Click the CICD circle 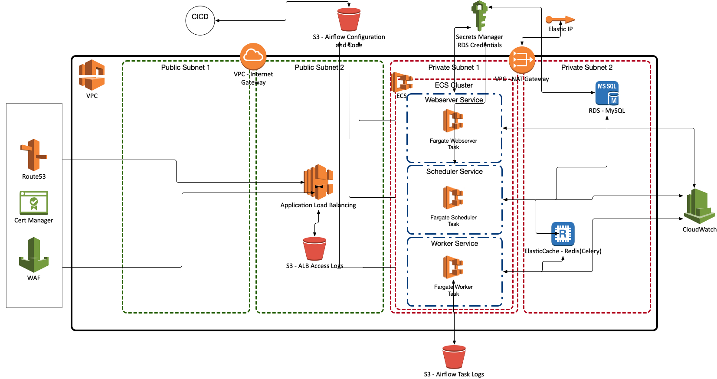(x=200, y=20)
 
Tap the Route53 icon (x=33, y=155)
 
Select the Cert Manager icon (x=33, y=203)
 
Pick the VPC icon (x=92, y=75)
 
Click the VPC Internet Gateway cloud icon (x=253, y=56)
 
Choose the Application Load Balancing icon (x=318, y=182)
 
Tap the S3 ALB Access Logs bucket (x=314, y=249)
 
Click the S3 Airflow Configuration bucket (x=349, y=20)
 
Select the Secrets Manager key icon (x=479, y=16)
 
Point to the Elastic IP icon (x=560, y=20)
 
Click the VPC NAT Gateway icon (x=522, y=60)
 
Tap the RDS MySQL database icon (x=607, y=93)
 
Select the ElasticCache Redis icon (x=563, y=234)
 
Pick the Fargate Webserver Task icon (x=453, y=121)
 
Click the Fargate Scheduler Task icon (x=453, y=198)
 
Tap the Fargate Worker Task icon (x=453, y=267)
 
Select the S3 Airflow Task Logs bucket (x=454, y=356)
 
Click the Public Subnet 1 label (x=185, y=68)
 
